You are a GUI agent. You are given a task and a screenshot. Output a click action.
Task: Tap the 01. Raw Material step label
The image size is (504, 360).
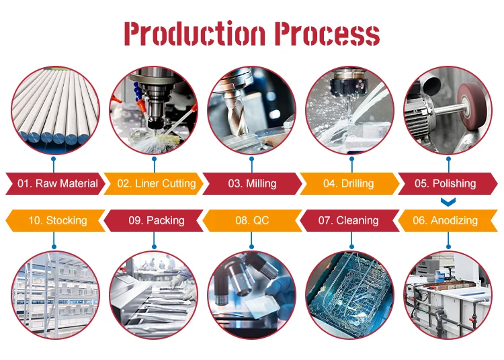57,183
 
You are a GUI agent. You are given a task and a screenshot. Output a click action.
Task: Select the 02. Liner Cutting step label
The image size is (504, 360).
156,183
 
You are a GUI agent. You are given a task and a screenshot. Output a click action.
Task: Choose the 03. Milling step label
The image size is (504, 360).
252,183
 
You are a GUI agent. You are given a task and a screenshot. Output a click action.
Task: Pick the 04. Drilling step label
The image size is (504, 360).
349,183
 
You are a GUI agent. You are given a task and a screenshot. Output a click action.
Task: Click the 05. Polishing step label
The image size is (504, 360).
444,183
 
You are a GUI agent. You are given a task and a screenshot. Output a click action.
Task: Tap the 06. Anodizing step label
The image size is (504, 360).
445,220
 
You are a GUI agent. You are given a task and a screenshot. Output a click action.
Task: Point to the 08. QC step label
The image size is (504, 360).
252,220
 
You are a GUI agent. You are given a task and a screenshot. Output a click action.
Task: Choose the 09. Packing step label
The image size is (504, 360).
156,220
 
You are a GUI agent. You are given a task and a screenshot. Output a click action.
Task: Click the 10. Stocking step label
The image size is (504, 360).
57,220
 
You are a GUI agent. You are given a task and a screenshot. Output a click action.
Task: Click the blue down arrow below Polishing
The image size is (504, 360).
448,201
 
